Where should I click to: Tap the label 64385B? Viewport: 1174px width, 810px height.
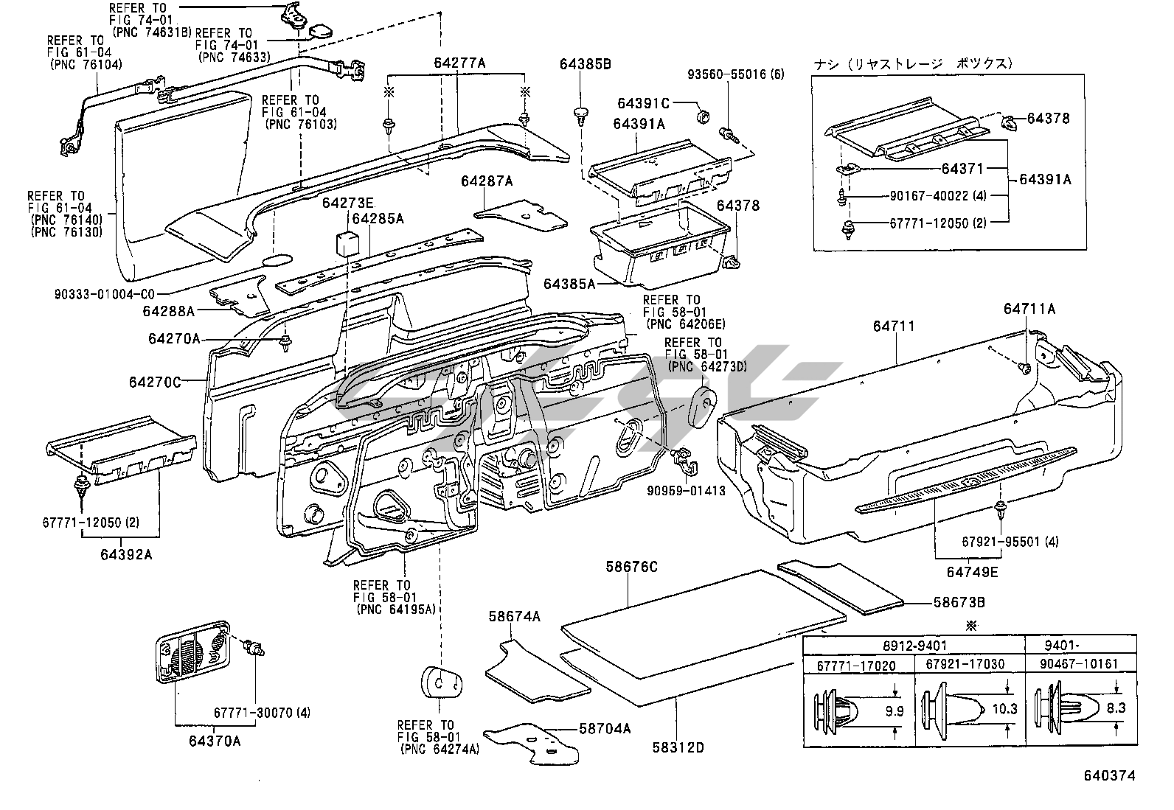[585, 63]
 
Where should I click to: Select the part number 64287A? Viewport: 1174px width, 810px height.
[487, 181]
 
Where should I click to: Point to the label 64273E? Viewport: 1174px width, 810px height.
[347, 203]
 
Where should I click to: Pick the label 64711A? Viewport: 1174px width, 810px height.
[1029, 309]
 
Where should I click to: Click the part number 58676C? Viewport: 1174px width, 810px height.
[631, 567]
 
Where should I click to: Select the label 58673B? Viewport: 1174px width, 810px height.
[959, 602]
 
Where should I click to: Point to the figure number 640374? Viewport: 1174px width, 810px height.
[1109, 775]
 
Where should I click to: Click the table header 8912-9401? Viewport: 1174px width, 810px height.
[914, 645]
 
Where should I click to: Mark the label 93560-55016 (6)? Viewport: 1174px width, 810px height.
[726, 74]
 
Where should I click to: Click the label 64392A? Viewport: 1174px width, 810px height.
[126, 554]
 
